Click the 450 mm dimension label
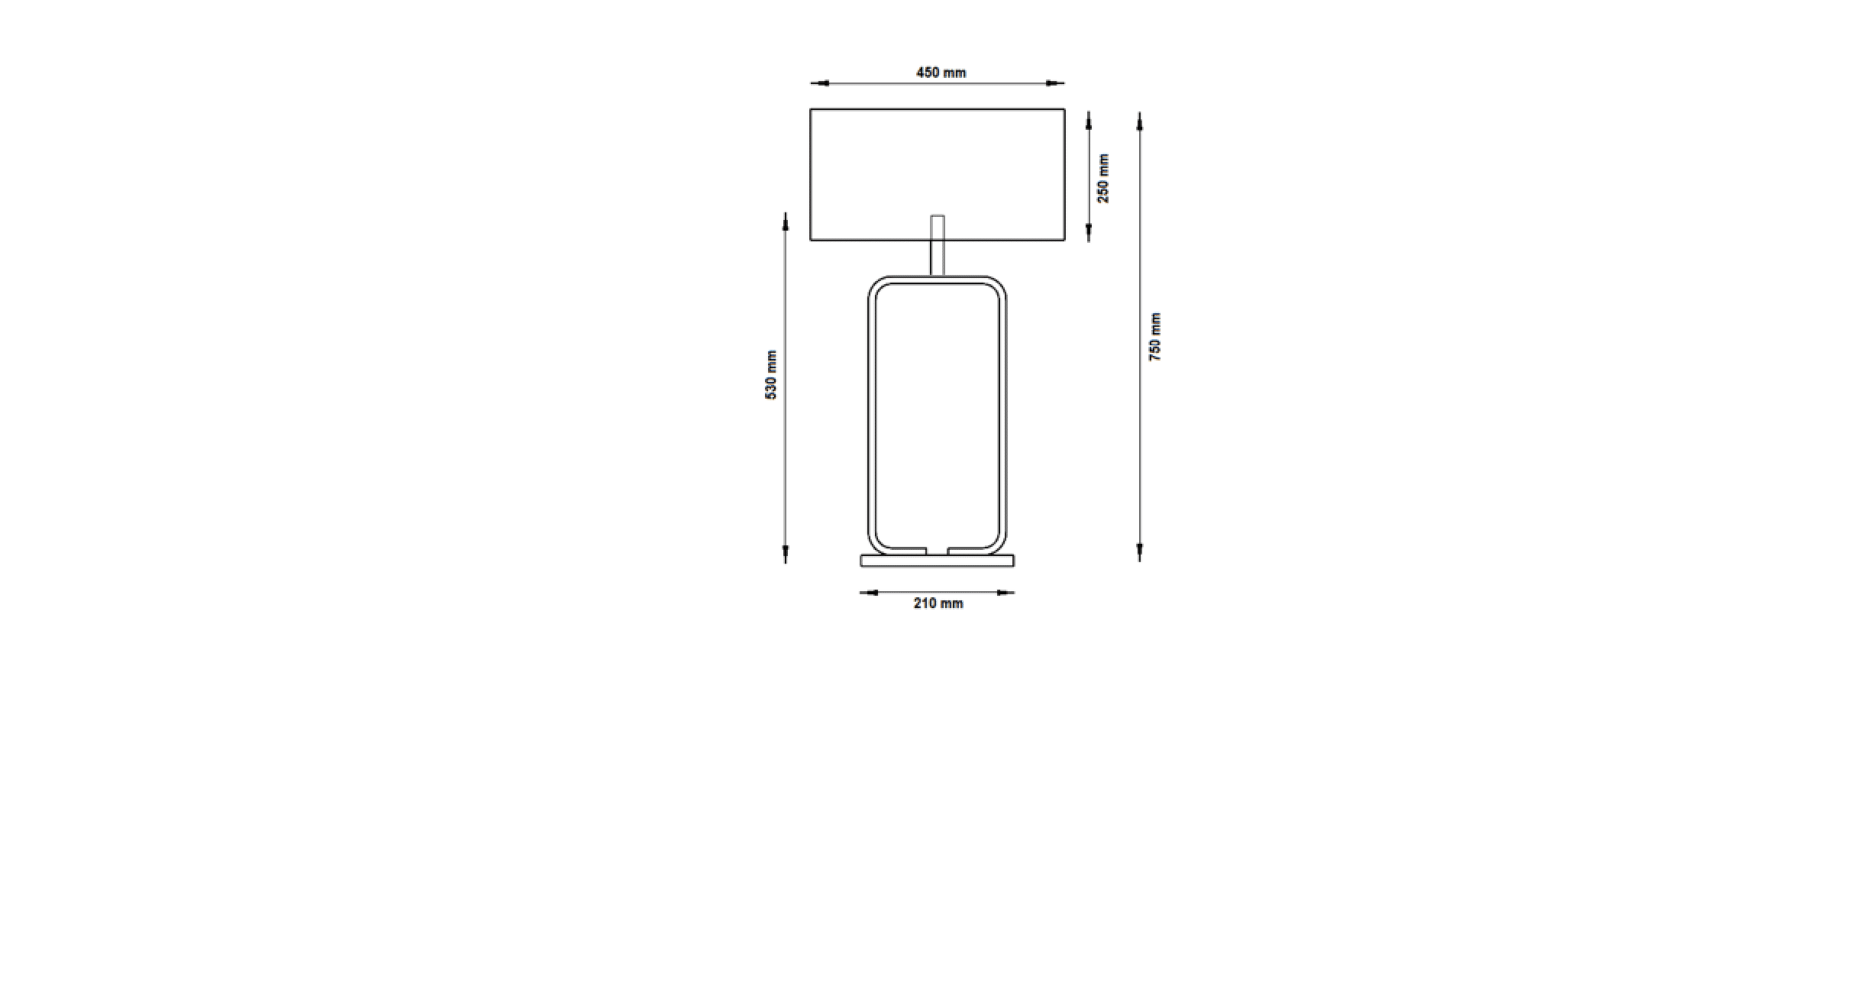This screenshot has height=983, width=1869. [x=941, y=73]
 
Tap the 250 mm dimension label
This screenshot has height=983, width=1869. [x=1103, y=178]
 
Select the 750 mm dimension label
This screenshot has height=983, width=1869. [x=1155, y=337]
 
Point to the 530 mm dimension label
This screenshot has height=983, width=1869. [x=771, y=375]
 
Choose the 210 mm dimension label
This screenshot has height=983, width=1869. [x=938, y=603]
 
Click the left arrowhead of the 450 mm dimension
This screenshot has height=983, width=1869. [x=819, y=83]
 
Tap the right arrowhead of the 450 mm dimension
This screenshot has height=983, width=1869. [x=1055, y=83]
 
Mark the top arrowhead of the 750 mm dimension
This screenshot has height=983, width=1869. [x=1139, y=121]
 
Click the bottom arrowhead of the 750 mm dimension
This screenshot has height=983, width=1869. [x=1139, y=553]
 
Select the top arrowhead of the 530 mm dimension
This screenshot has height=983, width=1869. [x=785, y=221]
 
